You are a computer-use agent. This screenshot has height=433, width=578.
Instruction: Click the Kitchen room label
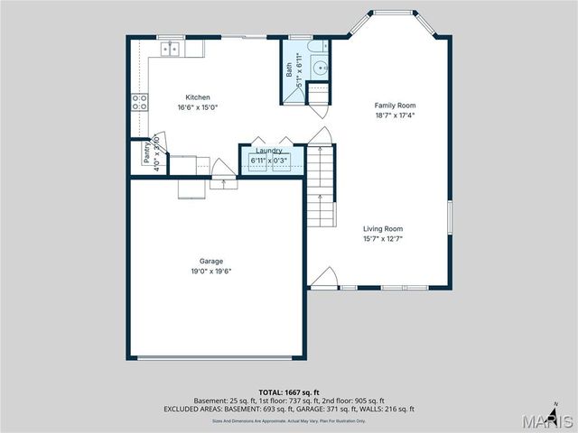[x=198, y=97]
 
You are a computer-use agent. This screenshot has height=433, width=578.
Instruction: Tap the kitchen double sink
[x=170, y=50]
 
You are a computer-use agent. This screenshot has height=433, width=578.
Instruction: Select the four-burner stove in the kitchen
[x=140, y=102]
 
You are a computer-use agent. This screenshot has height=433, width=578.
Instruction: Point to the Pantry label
[x=146, y=153]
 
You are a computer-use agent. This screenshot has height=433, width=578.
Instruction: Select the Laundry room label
[x=269, y=151]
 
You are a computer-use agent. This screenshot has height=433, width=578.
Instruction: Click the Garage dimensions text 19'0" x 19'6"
[x=210, y=272]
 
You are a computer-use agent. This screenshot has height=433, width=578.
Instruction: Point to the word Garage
[x=210, y=262]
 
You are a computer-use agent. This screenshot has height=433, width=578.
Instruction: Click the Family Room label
[x=396, y=106]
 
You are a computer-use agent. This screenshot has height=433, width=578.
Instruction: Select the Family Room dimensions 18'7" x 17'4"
[x=396, y=115]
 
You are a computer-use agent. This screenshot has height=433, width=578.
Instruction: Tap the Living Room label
[x=383, y=229]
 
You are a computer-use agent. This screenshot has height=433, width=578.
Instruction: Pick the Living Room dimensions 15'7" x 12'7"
[x=383, y=239]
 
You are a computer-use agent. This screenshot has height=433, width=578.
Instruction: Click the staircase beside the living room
[x=321, y=185]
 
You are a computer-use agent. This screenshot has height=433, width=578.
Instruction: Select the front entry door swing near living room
[x=324, y=278]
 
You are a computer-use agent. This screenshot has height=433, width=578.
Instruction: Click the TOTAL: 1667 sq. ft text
[x=288, y=392]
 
